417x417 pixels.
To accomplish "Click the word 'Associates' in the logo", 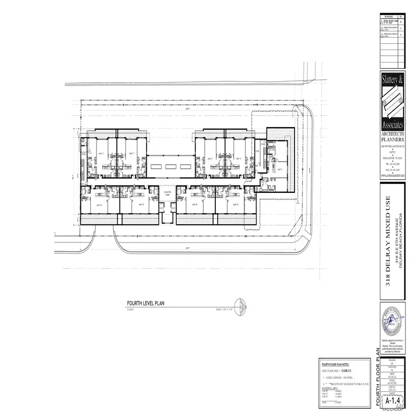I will coord(394,126).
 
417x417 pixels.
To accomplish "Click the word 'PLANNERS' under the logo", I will coord(394,140).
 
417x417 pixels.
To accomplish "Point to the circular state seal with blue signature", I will coord(394,321).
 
